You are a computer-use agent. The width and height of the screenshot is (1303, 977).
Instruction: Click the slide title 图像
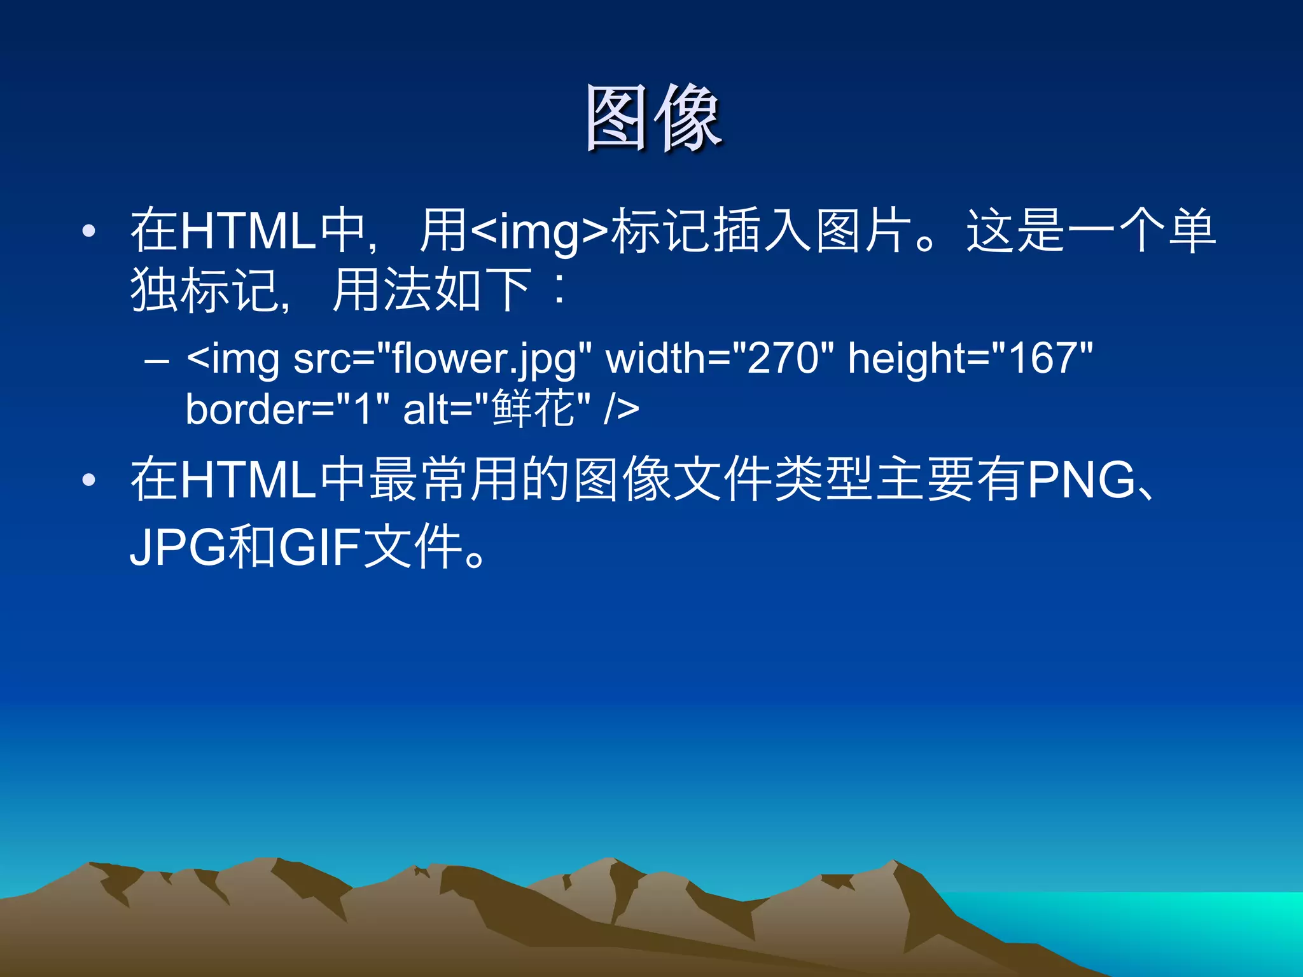click(653, 119)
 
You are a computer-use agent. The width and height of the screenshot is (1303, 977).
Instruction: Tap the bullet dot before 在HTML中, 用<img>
click(89, 231)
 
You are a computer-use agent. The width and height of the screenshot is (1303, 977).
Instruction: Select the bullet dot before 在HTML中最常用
click(89, 480)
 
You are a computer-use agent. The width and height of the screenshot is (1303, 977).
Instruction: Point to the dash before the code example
click(157, 361)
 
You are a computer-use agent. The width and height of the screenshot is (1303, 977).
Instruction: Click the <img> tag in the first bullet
click(540, 231)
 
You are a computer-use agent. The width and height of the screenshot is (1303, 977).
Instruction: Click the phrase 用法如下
click(432, 290)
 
